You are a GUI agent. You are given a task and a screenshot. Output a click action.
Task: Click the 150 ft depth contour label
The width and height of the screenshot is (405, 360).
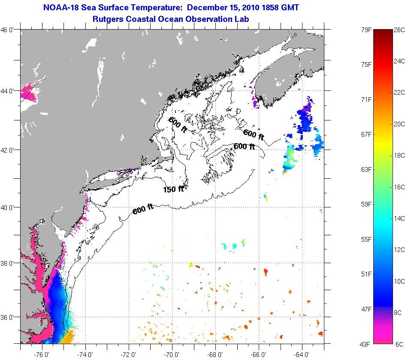[x=173, y=189]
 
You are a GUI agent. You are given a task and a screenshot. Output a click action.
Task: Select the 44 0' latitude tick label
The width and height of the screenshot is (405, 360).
[x=9, y=91]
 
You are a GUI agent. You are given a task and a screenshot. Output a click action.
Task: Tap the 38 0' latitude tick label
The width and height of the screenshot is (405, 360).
[x=9, y=263]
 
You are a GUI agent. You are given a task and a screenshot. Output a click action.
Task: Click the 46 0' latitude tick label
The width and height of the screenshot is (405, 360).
[x=9, y=30]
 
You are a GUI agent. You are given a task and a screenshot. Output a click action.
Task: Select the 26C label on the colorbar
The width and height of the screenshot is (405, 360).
[x=399, y=30]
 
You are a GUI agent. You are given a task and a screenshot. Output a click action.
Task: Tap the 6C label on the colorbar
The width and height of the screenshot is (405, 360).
[x=399, y=344]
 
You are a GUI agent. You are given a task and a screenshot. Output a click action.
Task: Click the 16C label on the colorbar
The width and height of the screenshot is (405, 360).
[x=399, y=187]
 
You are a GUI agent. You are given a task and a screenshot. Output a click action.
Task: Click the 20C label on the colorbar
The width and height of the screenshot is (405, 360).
[x=399, y=124]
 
